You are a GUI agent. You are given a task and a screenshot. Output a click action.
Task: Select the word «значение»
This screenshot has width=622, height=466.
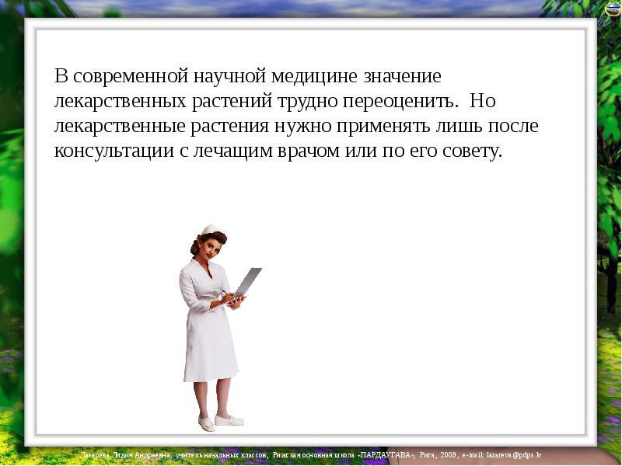pyautogui.click(x=402, y=77)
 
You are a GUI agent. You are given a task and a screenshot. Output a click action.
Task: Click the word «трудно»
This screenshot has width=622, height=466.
pyautogui.click(x=306, y=102)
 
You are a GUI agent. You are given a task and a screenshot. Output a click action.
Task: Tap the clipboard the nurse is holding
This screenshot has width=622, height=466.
pyautogui.click(x=247, y=281)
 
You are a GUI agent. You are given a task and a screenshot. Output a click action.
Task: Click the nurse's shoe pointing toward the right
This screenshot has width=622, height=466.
pyautogui.click(x=229, y=420)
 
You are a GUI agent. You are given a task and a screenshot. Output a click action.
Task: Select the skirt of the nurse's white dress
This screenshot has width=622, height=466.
pyautogui.click(x=210, y=349)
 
